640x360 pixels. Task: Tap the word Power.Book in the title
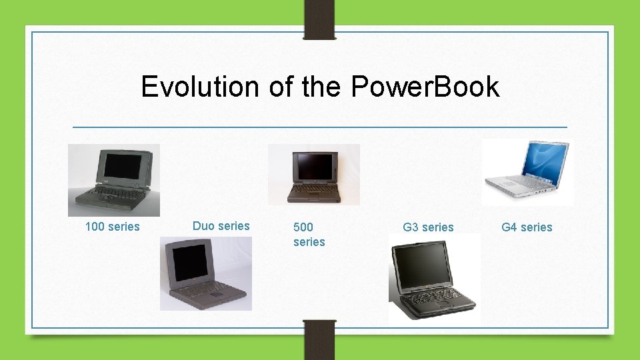[424, 87]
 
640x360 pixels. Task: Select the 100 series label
[113, 227]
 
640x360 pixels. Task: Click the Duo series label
[221, 226]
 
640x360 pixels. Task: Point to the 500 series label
[309, 234]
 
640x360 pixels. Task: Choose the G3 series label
[428, 227]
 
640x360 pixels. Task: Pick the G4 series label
[527, 227]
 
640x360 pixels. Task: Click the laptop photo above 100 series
[114, 180]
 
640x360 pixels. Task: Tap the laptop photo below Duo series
[206, 273]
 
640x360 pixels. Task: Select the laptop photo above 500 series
[313, 174]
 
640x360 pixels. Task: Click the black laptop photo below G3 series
[434, 279]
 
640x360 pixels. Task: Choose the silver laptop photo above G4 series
[528, 172]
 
